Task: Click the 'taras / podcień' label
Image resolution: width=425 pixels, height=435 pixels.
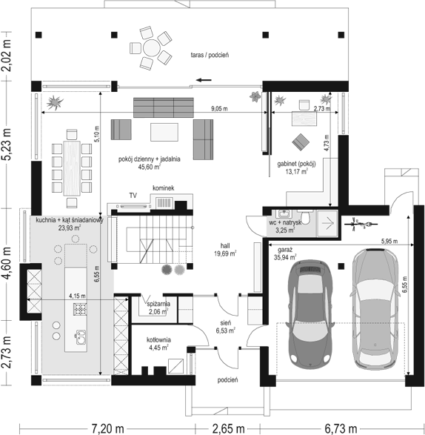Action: pyautogui.click(x=210, y=55)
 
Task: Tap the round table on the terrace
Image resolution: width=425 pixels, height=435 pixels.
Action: pyautogui.click(x=151, y=48)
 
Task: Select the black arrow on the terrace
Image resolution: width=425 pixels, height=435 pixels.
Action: pyautogui.click(x=204, y=80)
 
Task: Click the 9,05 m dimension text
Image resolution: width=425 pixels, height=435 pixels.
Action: pyautogui.click(x=219, y=109)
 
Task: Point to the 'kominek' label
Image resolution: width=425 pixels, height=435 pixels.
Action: pyautogui.click(x=164, y=188)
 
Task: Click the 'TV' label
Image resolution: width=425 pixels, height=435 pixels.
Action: pyautogui.click(x=133, y=196)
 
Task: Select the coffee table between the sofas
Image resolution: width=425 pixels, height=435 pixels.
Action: pyautogui.click(x=164, y=133)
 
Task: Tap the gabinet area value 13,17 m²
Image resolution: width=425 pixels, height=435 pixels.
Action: pyautogui.click(x=296, y=171)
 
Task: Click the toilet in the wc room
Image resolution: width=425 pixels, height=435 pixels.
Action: pyautogui.click(x=306, y=216)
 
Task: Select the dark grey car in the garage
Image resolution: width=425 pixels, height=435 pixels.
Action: pyautogui.click(x=310, y=314)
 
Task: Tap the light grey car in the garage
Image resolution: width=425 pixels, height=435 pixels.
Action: pyautogui.click(x=375, y=309)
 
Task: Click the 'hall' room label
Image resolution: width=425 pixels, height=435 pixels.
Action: pyautogui.click(x=225, y=246)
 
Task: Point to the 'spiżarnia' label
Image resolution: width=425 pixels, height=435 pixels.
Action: pyautogui.click(x=158, y=304)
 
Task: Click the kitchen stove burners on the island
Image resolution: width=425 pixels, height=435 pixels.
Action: pyautogui.click(x=80, y=309)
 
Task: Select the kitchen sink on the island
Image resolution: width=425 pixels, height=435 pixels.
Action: pyautogui.click(x=81, y=336)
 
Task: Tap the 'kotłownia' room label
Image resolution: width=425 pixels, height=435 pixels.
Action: pyautogui.click(x=158, y=340)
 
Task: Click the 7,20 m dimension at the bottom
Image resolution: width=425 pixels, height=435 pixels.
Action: pyautogui.click(x=107, y=429)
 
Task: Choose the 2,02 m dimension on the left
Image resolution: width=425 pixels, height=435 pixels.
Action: pyautogui.click(x=7, y=56)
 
